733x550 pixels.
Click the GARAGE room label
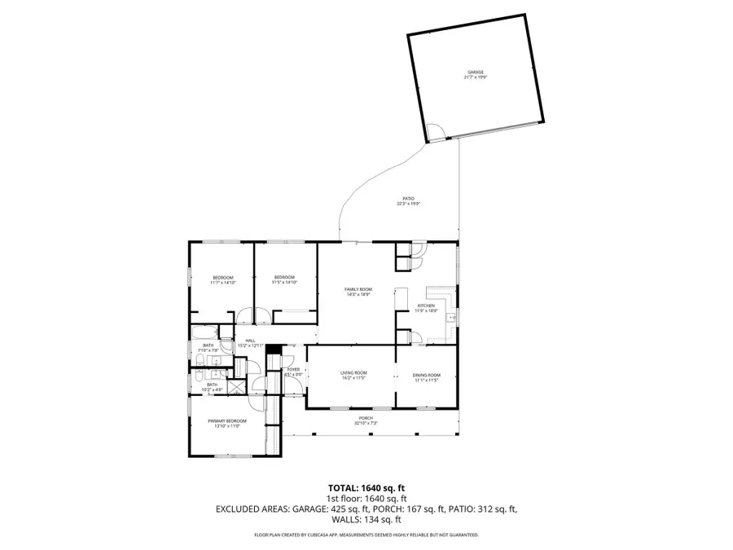point(475,72)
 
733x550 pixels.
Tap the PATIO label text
point(409,198)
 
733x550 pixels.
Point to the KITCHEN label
point(427,306)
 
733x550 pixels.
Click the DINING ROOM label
point(427,374)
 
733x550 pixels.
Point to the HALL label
point(250,341)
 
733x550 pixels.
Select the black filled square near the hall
point(275,350)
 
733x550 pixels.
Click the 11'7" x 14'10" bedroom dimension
point(223,283)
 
